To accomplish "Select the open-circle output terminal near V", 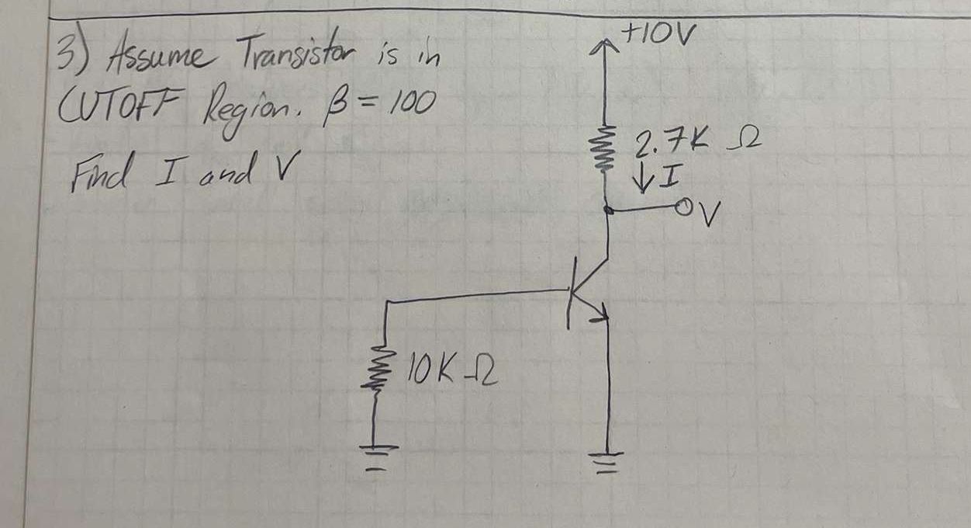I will [683, 207].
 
